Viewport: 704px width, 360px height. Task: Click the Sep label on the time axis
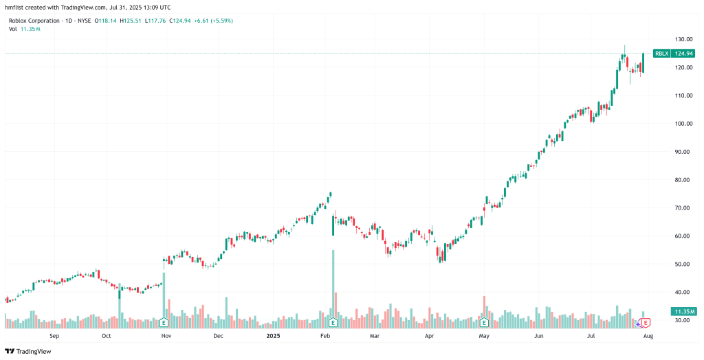tap(54, 336)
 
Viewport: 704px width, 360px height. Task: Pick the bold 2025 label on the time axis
tap(274, 336)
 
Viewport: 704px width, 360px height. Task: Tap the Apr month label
tap(430, 336)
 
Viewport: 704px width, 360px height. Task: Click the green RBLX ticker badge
tap(661, 53)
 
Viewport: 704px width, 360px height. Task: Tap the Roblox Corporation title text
tap(35, 21)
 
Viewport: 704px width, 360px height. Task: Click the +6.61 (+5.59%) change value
tap(213, 21)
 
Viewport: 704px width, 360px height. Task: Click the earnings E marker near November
tap(164, 322)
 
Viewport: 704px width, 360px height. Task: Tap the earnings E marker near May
tap(484, 322)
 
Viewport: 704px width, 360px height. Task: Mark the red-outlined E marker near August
tap(646, 322)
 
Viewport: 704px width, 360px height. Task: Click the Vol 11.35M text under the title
tap(24, 29)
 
